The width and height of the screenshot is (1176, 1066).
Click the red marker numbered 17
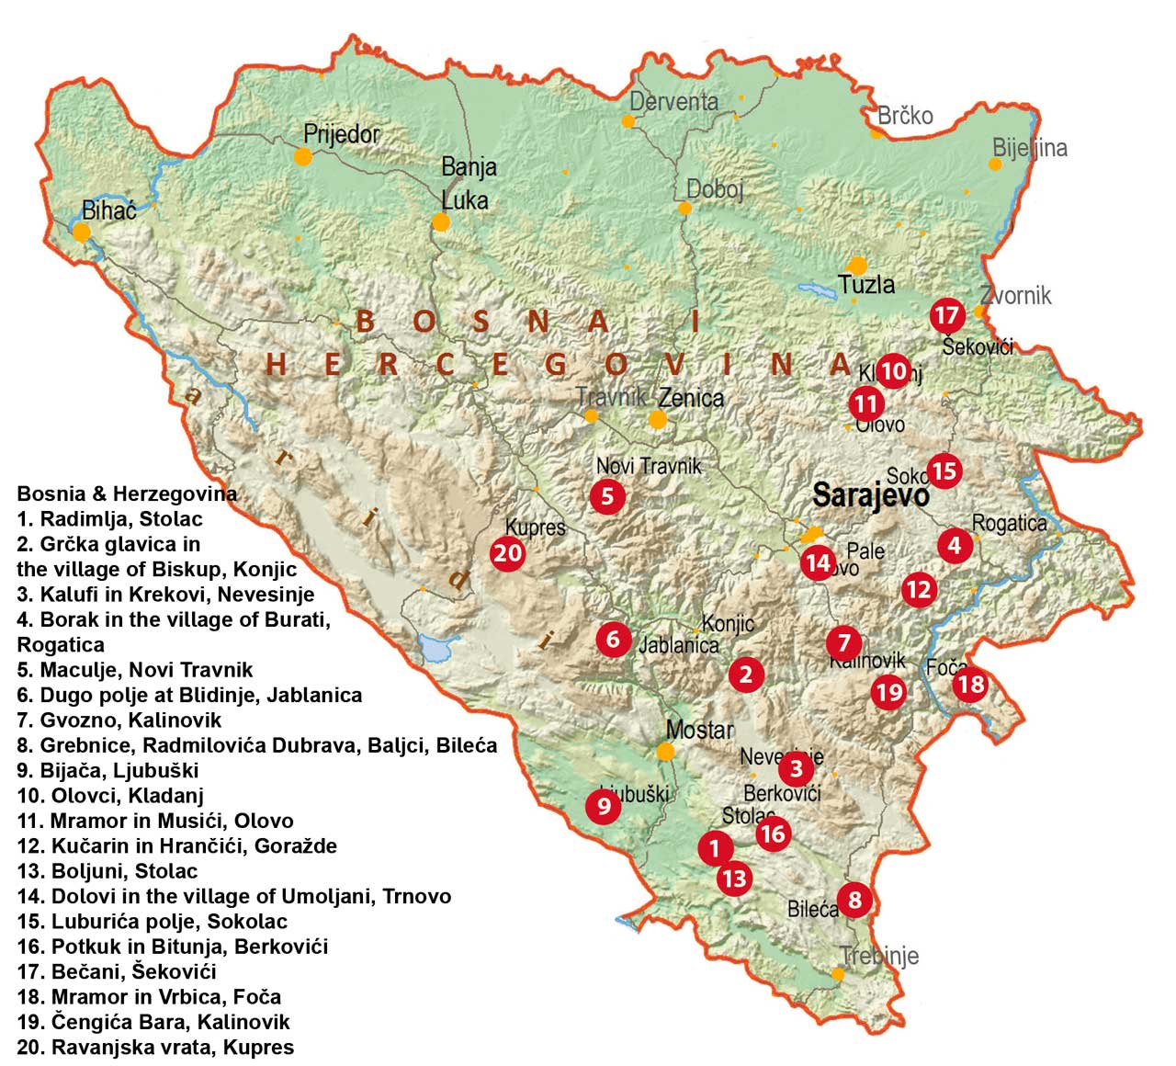pyautogui.click(x=946, y=315)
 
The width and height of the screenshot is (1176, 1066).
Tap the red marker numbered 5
pyautogui.click(x=607, y=496)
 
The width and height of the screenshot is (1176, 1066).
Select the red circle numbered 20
pyautogui.click(x=508, y=553)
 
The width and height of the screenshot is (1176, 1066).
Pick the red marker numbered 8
pyautogui.click(x=855, y=899)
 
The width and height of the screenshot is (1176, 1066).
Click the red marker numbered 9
pyautogui.click(x=604, y=806)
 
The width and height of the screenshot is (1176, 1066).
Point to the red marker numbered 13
pyautogui.click(x=734, y=879)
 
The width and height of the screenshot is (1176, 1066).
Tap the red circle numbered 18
pyautogui.click(x=971, y=684)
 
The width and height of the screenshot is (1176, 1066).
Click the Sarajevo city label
pyautogui.click(x=870, y=496)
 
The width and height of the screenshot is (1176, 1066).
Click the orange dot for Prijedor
pyautogui.click(x=302, y=157)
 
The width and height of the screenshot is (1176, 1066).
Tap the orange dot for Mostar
pyautogui.click(x=665, y=752)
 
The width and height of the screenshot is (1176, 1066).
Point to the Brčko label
pyautogui.click(x=905, y=116)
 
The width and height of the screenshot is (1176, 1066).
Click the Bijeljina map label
pyautogui.click(x=1030, y=148)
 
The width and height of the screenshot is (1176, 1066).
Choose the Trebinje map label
pyautogui.click(x=879, y=956)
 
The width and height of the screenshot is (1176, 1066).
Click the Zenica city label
pyautogui.click(x=691, y=398)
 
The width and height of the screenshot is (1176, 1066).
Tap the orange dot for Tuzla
pyautogui.click(x=857, y=265)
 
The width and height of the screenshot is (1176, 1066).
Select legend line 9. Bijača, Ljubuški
pyautogui.click(x=107, y=770)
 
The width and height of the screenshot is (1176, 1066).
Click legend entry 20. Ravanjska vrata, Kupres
pyautogui.click(x=155, y=1047)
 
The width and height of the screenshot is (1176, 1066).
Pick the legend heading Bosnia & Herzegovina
pyautogui.click(x=127, y=493)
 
